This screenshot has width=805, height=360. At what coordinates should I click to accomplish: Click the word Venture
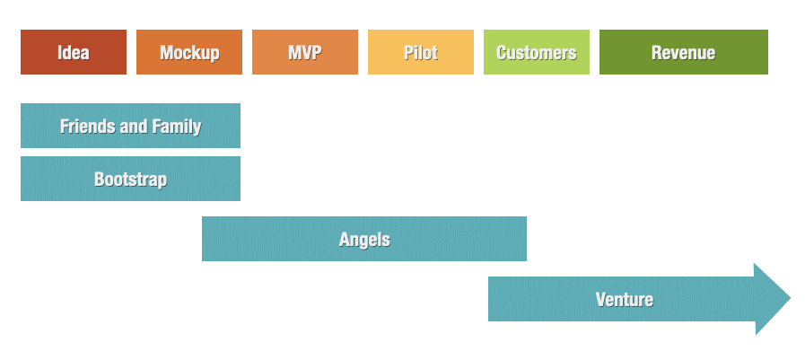[x=624, y=299]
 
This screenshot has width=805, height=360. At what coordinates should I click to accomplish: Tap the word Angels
[x=364, y=239]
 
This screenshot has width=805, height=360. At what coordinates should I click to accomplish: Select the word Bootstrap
[x=130, y=179]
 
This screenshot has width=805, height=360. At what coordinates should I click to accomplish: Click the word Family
[x=177, y=126]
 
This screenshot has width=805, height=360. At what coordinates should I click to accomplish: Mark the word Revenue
[x=683, y=52]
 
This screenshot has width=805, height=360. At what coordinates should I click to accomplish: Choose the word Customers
[x=536, y=52]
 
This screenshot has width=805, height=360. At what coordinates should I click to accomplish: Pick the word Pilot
[x=420, y=52]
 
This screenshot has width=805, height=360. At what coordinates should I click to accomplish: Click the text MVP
[x=304, y=52]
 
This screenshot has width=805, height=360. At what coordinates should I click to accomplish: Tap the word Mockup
[x=189, y=52]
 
